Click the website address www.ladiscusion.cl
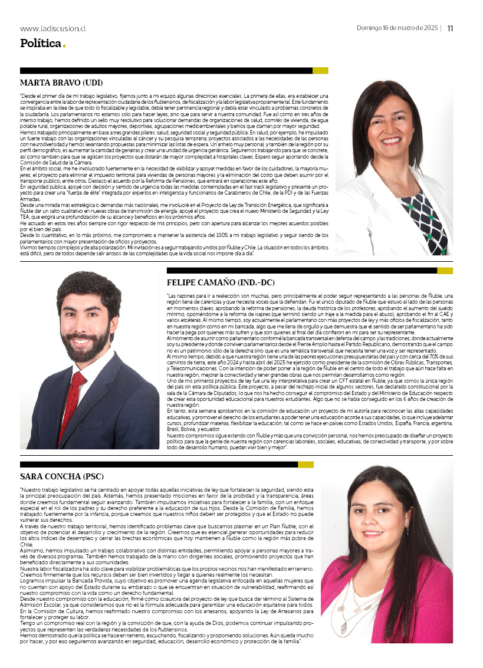[53, 28]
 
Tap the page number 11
[450, 28]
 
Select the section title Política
[40, 43]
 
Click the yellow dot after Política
[64, 46]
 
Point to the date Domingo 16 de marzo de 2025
[397, 28]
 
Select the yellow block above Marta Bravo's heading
[320, 71]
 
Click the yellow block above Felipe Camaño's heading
[445, 271]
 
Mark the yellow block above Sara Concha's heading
[305, 465]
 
